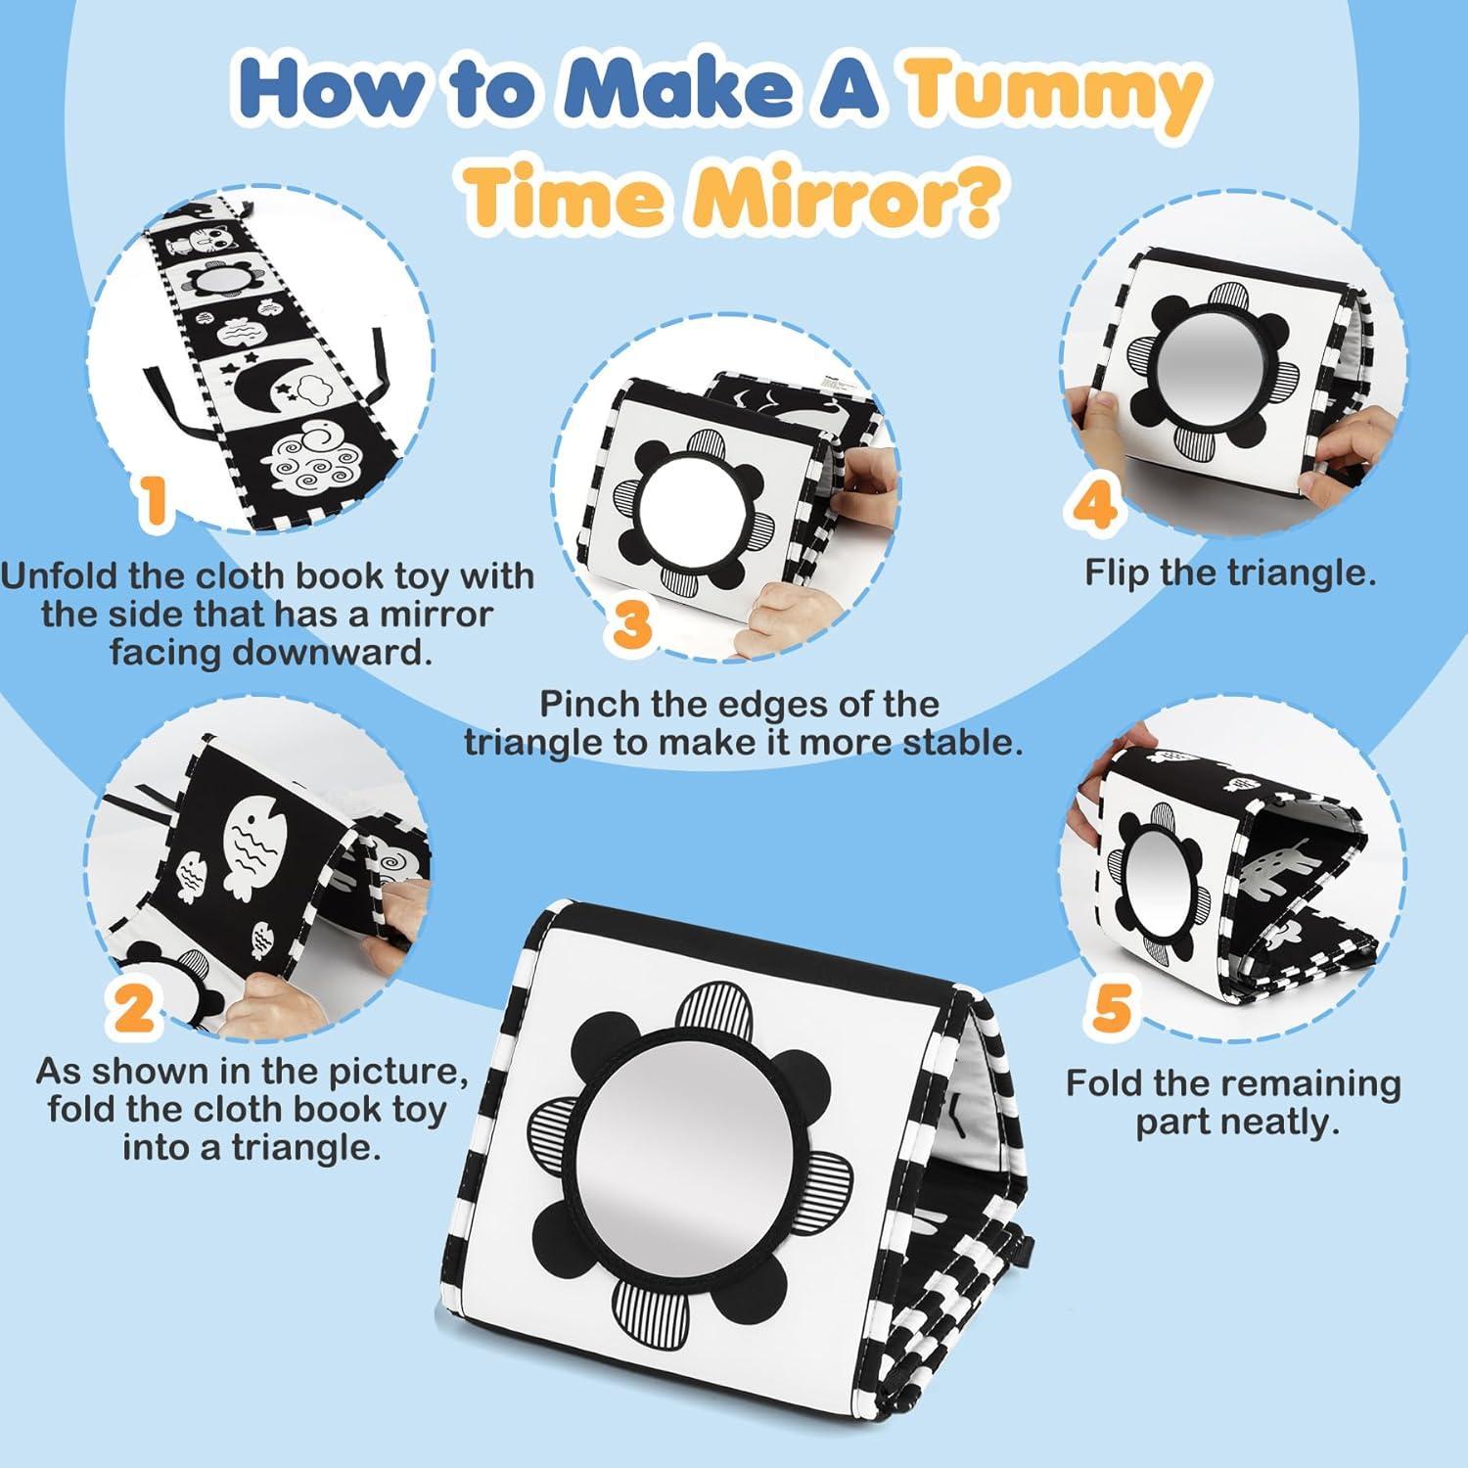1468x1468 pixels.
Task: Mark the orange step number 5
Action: click(1110, 1009)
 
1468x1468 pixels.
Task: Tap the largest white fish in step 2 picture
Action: click(257, 843)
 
